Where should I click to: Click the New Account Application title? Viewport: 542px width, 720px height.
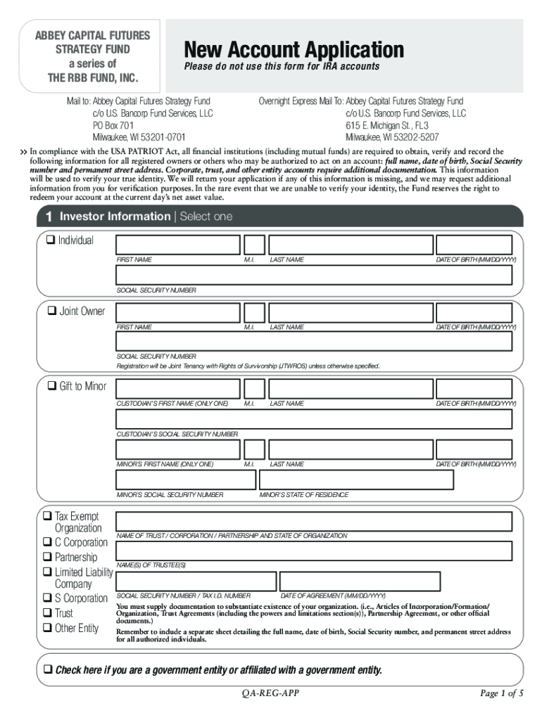tap(294, 50)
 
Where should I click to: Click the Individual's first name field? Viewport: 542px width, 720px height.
tap(177, 245)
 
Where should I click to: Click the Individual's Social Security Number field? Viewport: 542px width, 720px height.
tap(314, 275)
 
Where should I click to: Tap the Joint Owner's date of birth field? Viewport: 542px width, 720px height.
tap(476, 312)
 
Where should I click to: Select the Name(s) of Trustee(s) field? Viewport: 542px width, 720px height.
tap(314, 551)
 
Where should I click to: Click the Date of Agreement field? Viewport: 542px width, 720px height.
tap(360, 581)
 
